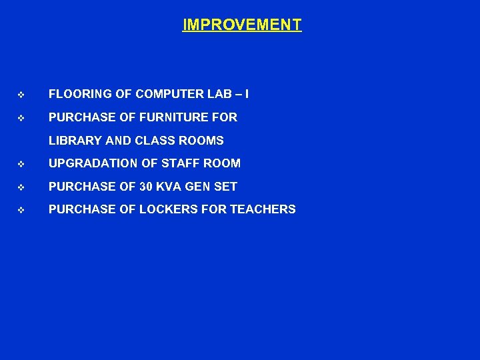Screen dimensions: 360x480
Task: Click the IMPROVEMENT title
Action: click(241, 25)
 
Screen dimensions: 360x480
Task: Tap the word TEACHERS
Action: click(263, 209)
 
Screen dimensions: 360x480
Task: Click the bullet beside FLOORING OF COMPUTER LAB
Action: click(21, 95)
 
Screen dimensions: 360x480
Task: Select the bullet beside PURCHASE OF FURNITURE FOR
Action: click(21, 118)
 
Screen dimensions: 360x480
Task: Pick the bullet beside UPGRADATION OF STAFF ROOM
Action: click(21, 164)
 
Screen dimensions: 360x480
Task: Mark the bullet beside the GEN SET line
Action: click(21, 187)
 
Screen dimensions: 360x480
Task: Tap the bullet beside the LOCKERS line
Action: click(21, 210)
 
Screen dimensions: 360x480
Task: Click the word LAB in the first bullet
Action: click(217, 94)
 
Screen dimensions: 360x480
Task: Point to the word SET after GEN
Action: click(228, 187)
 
